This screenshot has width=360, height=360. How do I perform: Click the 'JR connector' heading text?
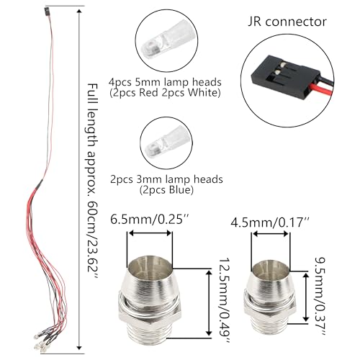pos(287,22)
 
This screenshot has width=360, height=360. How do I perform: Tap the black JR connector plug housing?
pos(285,77)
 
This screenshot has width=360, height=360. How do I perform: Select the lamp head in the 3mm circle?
pos(166,143)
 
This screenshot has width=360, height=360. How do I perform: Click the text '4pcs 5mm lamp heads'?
pos(165,82)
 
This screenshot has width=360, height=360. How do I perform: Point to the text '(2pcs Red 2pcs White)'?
pos(165,93)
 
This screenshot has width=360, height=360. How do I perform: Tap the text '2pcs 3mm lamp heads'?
pos(166,179)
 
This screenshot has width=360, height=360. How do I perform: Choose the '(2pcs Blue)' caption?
pos(166,190)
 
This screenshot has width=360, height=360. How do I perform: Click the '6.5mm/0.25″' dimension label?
pos(150,220)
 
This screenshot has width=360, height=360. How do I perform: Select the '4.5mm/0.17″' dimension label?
pos(271,222)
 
